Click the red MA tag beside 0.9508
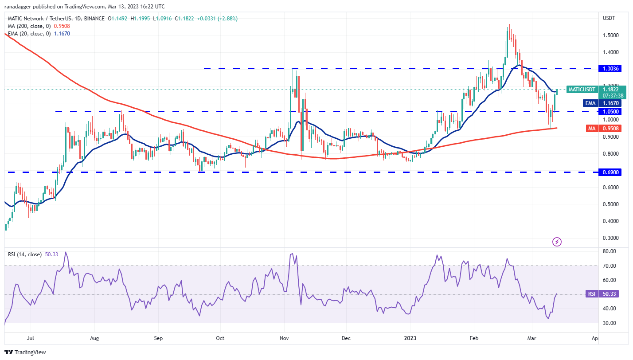pyautogui.click(x=591, y=129)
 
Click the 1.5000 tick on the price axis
pyautogui.click(x=611, y=35)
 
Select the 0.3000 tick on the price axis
pyautogui.click(x=611, y=238)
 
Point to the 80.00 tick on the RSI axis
pyautogui.click(x=610, y=251)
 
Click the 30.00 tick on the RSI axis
pyautogui.click(x=610, y=323)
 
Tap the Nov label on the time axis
pyautogui.click(x=284, y=338)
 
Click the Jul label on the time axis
pyautogui.click(x=31, y=338)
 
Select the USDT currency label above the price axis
pyautogui.click(x=608, y=18)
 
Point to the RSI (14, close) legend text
pyautogui.click(x=25, y=254)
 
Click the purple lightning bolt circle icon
pyautogui.click(x=557, y=242)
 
